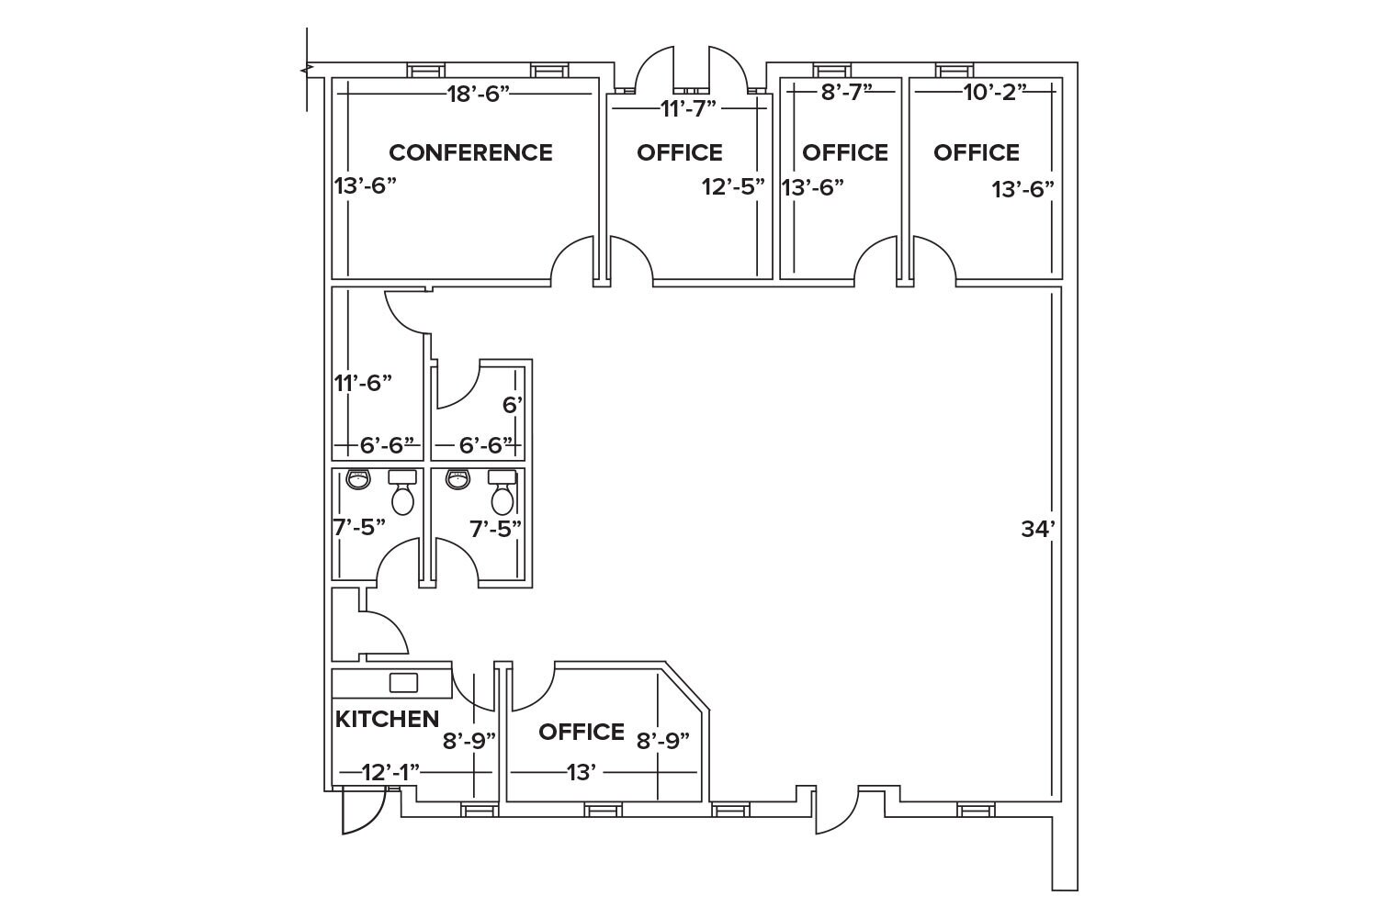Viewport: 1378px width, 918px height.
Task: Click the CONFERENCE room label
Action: tap(470, 152)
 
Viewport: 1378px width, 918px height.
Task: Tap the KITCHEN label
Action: tap(387, 719)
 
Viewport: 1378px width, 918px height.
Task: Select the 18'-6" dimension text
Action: tap(478, 94)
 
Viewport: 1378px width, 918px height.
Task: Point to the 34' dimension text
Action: tap(1038, 529)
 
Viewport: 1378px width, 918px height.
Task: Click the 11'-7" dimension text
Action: tap(688, 108)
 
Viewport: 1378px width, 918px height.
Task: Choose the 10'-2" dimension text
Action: tap(995, 92)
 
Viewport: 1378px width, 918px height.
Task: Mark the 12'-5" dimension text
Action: tap(733, 187)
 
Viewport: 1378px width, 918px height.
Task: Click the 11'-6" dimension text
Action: tap(363, 383)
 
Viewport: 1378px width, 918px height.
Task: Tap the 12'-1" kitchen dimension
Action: tap(390, 772)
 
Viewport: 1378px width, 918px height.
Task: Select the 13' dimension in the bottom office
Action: tap(582, 772)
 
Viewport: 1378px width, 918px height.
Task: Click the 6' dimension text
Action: tap(513, 404)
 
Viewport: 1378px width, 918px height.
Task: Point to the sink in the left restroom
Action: tap(357, 479)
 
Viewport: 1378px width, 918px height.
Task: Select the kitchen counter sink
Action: tap(403, 682)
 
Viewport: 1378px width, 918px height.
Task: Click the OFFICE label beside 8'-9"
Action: tap(582, 732)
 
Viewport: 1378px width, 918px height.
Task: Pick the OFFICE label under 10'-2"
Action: tap(977, 152)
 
